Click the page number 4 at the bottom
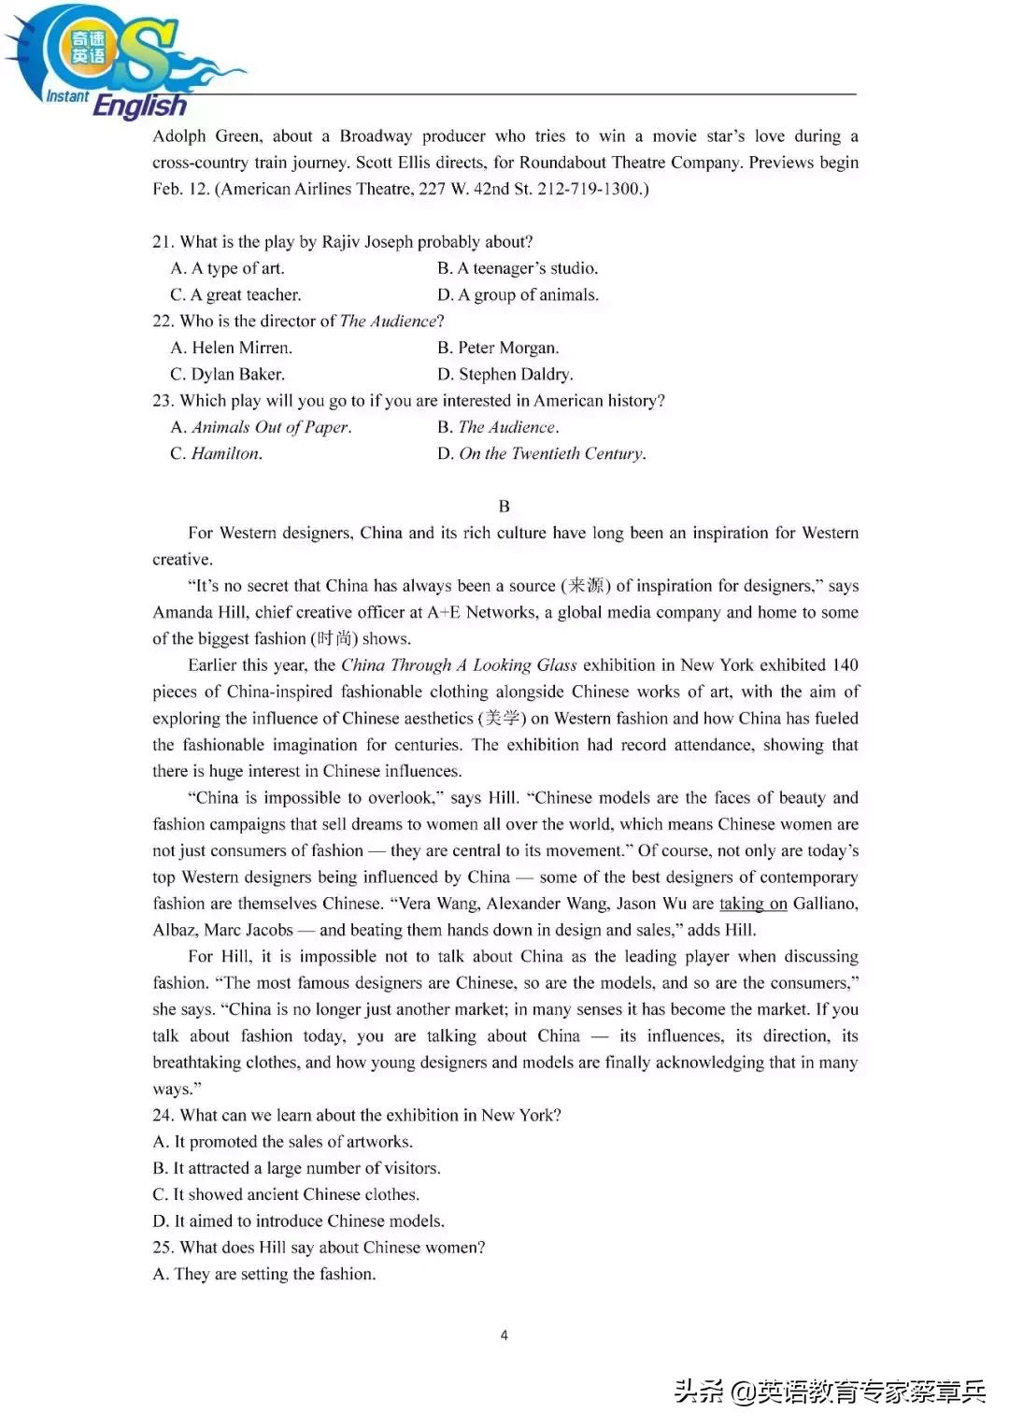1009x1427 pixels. tap(504, 1334)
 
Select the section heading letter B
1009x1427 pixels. tap(504, 507)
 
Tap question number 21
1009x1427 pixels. tap(163, 242)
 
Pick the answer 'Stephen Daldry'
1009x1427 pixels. tap(515, 374)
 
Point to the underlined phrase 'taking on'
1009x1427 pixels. tap(753, 904)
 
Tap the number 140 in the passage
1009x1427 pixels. tap(845, 665)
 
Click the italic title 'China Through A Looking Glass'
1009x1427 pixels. tap(459, 665)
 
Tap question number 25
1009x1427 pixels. tap(163, 1248)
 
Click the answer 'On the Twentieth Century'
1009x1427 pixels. tap(551, 453)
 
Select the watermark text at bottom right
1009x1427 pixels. tap(830, 1391)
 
